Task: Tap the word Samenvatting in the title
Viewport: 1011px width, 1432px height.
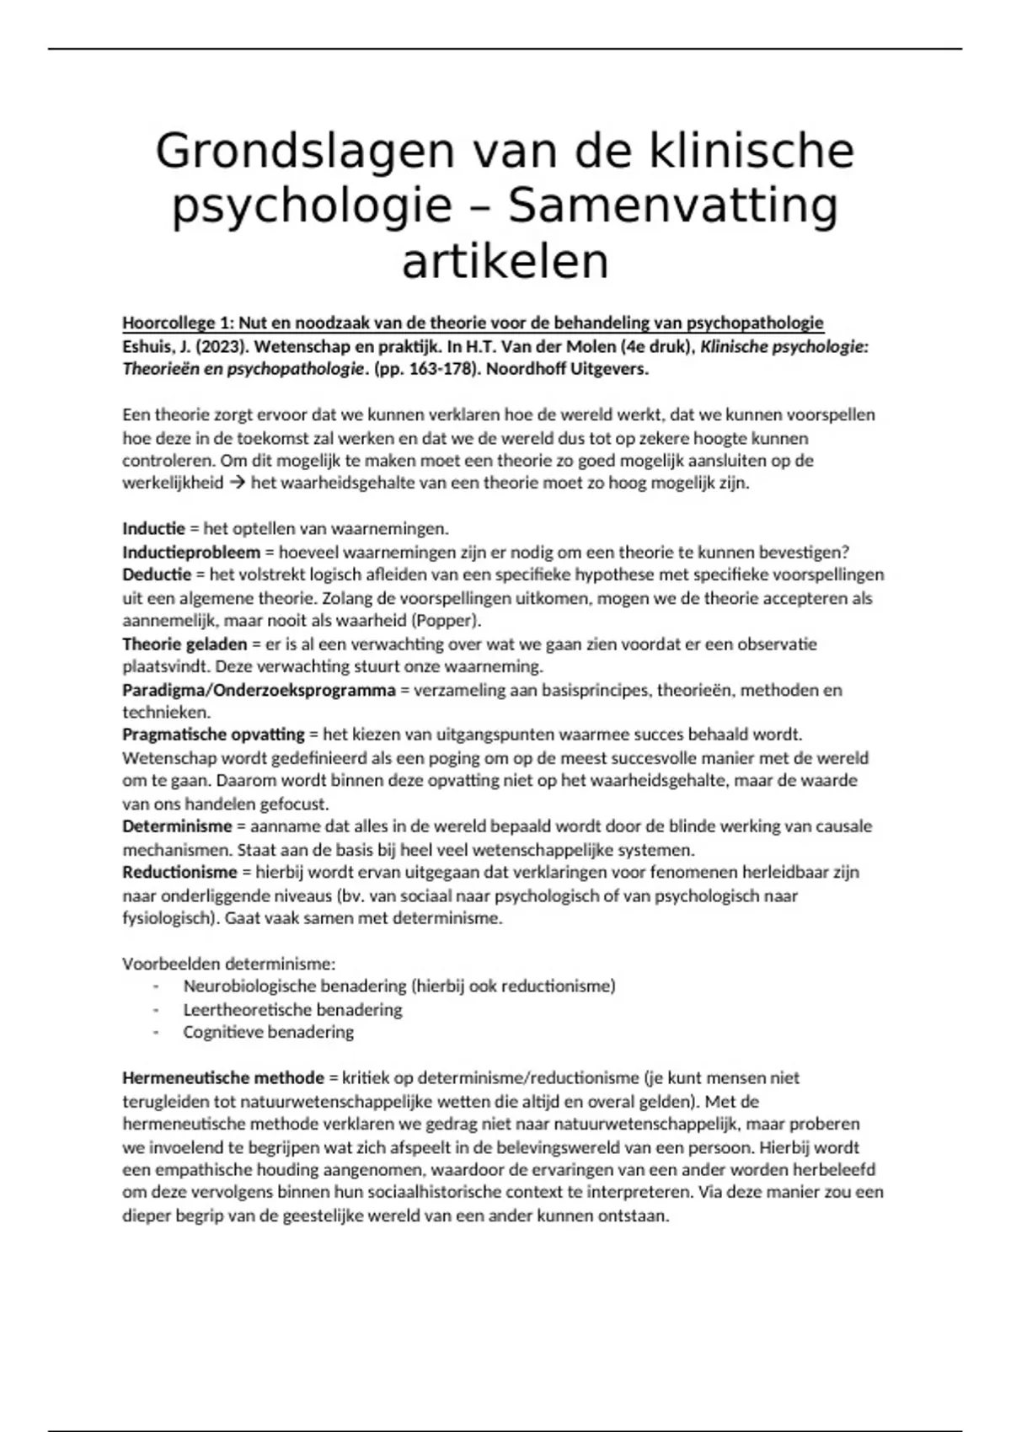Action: click(674, 206)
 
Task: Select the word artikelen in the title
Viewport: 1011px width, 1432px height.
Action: click(505, 261)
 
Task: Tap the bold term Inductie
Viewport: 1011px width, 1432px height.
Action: click(153, 529)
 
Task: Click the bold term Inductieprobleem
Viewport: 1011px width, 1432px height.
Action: click(191, 553)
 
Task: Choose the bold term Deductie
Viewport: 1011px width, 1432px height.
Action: click(157, 575)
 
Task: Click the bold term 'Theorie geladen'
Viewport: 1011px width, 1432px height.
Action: click(185, 644)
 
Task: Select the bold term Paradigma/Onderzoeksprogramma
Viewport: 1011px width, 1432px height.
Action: click(259, 690)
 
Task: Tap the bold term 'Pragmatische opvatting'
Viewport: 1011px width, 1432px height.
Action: click(213, 735)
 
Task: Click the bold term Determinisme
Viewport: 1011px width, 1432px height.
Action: click(177, 826)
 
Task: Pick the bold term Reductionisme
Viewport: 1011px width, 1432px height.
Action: click(179, 873)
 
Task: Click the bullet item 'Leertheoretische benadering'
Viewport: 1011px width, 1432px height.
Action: click(292, 1009)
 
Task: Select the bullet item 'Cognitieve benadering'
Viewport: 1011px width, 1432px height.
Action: click(268, 1032)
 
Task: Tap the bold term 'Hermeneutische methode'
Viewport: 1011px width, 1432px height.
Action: click(223, 1078)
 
